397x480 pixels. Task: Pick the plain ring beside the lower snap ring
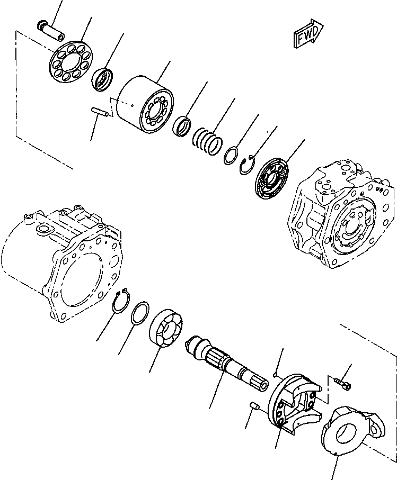pos(140,313)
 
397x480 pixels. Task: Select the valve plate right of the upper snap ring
pos(274,178)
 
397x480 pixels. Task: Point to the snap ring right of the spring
pos(249,164)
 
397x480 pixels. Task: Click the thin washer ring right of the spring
pos(232,156)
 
